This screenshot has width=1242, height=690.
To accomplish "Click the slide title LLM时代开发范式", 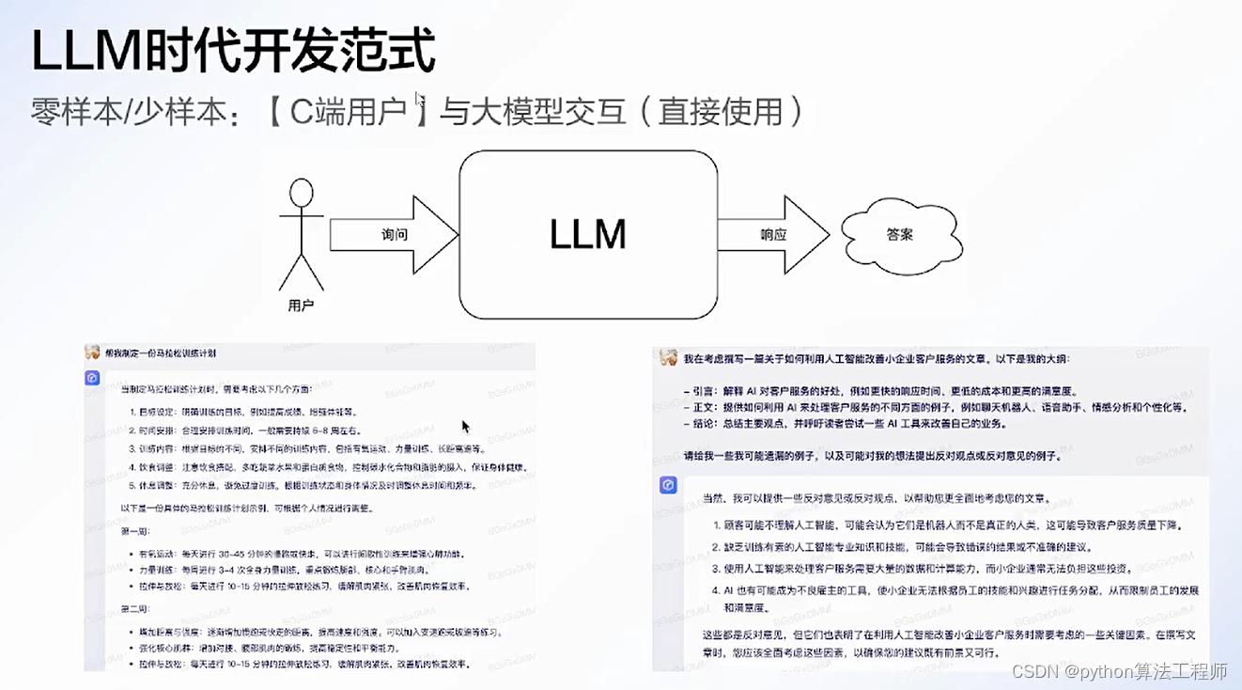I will click(x=233, y=52).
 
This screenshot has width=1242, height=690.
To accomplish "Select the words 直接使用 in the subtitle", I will click(x=721, y=112).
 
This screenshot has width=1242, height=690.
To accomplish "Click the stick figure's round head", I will click(x=301, y=193).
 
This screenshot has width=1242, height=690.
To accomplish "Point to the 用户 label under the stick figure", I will click(x=300, y=306).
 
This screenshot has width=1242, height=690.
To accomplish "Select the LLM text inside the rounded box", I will click(x=587, y=235).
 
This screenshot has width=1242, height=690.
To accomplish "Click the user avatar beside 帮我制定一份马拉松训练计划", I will click(x=92, y=353).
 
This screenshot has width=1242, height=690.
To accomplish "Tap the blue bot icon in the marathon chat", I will click(x=92, y=378).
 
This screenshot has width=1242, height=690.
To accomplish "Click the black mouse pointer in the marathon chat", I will click(x=466, y=427).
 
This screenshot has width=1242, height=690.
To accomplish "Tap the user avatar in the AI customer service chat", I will click(x=668, y=358).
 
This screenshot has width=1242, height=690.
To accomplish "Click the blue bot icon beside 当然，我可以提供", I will click(x=668, y=485).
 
